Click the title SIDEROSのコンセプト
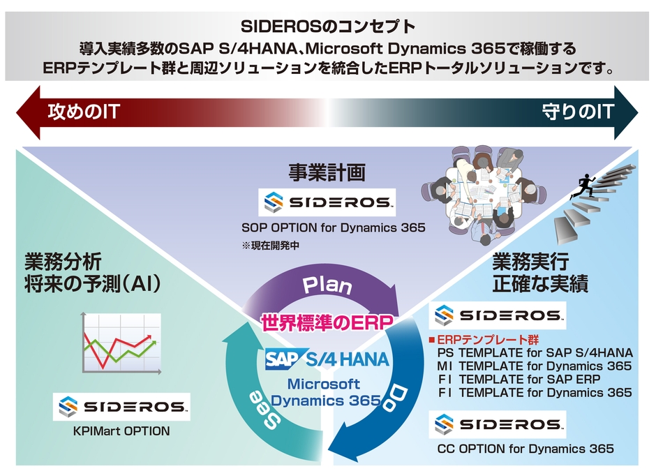[327, 27]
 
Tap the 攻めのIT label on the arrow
[84, 111]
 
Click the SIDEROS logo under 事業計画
[327, 203]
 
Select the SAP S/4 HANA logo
[327, 360]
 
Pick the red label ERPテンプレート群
[484, 340]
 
